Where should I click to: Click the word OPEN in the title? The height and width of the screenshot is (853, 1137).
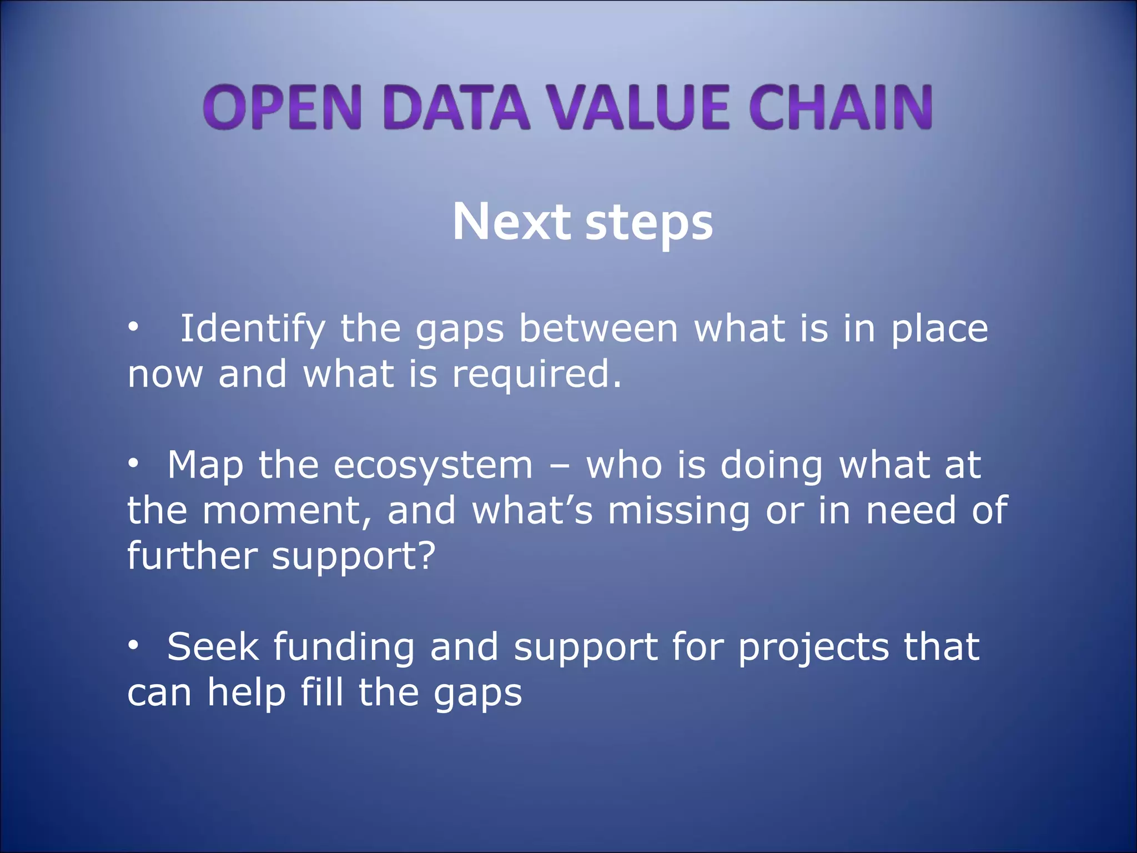pyautogui.click(x=282, y=107)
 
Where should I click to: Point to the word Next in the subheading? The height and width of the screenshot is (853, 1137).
pyautogui.click(x=511, y=222)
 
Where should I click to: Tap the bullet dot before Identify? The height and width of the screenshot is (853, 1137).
pyautogui.click(x=133, y=328)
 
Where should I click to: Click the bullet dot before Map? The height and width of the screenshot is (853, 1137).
pyautogui.click(x=133, y=464)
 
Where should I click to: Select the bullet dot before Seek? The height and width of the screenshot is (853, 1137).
pyautogui.click(x=133, y=646)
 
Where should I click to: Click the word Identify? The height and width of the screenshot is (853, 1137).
pyautogui.click(x=253, y=330)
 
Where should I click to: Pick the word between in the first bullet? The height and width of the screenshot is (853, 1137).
pyautogui.click(x=598, y=329)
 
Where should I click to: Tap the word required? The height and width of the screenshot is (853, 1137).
pyautogui.click(x=536, y=375)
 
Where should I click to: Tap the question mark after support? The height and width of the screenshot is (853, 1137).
pyautogui.click(x=426, y=555)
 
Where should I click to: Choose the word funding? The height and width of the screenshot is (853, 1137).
pyautogui.click(x=344, y=648)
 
